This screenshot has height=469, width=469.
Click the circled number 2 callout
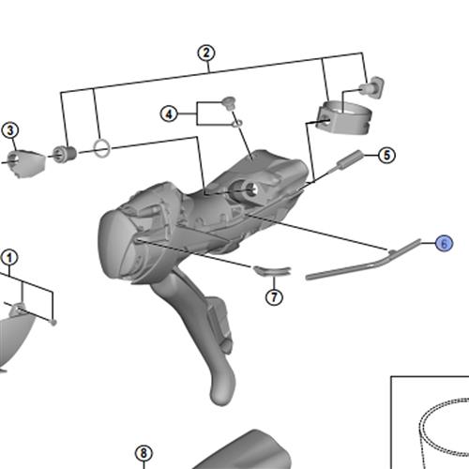(206, 53)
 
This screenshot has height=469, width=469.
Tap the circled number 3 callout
(10, 130)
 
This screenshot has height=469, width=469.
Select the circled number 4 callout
(169, 113)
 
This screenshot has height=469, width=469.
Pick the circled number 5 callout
(386, 155)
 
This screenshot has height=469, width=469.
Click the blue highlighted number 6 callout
(444, 243)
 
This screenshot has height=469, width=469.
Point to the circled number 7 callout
(274, 296)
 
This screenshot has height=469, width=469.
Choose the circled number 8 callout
(144, 453)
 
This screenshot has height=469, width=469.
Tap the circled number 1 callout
(9, 258)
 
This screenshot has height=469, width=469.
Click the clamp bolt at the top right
(372, 86)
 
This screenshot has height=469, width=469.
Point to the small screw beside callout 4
(229, 103)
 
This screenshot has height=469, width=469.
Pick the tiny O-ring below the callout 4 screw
(237, 124)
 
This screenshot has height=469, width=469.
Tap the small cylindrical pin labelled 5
(349, 160)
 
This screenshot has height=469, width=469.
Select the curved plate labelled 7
(272, 271)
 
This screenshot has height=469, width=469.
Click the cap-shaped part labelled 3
(25, 163)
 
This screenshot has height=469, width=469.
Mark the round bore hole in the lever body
(249, 189)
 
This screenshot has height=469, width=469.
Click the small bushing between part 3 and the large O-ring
(64, 154)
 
